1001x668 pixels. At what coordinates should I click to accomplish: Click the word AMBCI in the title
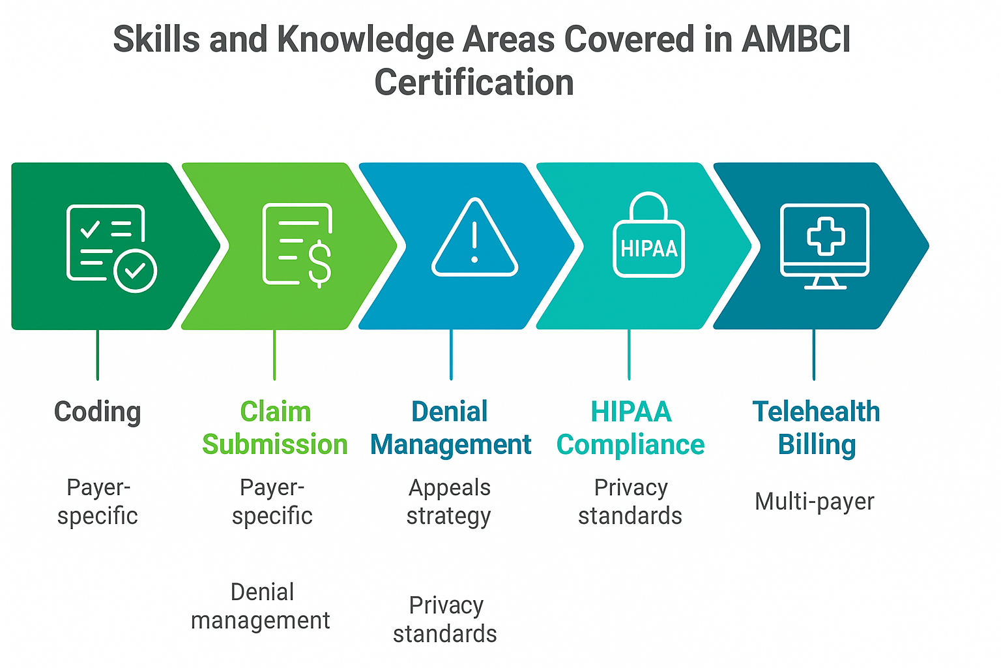tap(796, 40)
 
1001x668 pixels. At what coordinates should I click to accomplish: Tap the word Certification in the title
tap(474, 83)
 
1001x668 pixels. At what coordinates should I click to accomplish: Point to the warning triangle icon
tap(474, 239)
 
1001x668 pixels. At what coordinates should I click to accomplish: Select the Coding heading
tap(97, 412)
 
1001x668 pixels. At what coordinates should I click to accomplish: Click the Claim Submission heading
tap(274, 428)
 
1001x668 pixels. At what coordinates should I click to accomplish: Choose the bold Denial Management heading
tap(450, 428)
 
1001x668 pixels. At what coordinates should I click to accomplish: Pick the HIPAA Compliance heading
tap(630, 428)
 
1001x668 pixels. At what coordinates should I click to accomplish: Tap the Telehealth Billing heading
tap(816, 428)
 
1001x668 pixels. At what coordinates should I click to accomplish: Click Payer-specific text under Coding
tap(98, 502)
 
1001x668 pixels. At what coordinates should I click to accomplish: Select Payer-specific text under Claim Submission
tap(272, 502)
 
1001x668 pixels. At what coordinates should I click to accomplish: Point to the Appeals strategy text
tap(449, 502)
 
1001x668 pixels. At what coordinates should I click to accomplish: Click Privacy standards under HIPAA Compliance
tap(630, 502)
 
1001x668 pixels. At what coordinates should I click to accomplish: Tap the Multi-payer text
tap(814, 502)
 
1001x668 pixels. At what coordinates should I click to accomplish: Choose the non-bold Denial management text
tap(261, 606)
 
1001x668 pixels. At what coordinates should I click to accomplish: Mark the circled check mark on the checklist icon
tap(135, 270)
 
